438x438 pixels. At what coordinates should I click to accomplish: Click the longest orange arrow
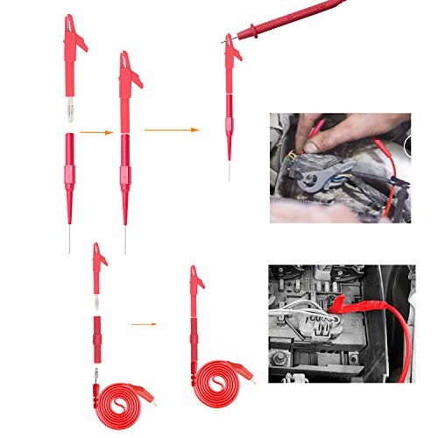[172, 130]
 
